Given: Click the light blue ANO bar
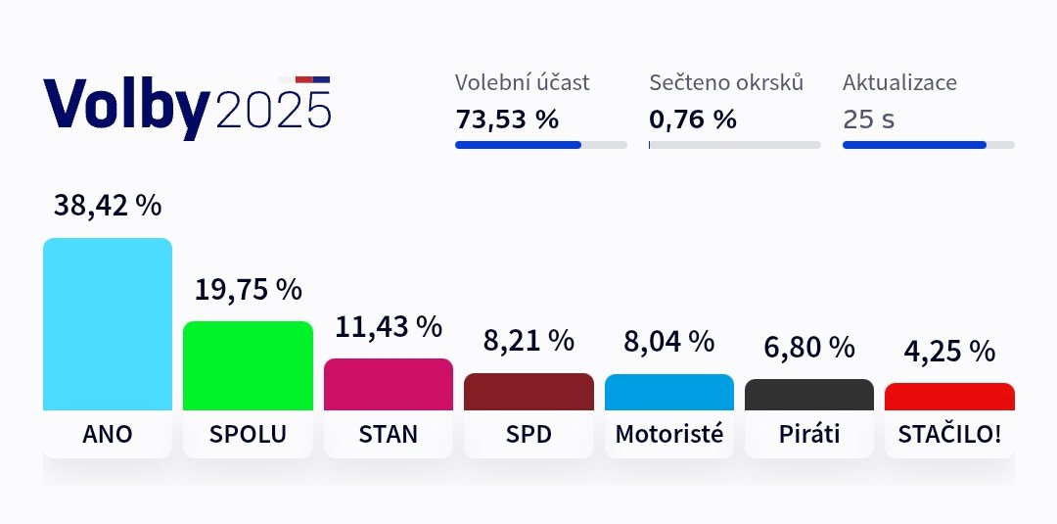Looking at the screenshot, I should [x=108, y=324].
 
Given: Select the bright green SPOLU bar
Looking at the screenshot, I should [x=248, y=365].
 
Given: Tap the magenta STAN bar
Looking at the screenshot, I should [x=389, y=384].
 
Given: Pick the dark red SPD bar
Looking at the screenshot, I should [x=528, y=392].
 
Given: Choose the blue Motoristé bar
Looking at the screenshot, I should [x=669, y=392].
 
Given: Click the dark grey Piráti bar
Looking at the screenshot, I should [x=809, y=395].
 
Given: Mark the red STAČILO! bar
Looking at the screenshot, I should [x=949, y=397].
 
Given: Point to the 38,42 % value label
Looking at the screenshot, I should [x=108, y=206].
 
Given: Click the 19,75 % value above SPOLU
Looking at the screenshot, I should [x=248, y=290].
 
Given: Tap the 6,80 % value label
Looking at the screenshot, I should [x=809, y=347].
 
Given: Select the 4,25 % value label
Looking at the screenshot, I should [x=949, y=351].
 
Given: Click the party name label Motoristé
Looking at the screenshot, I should [x=669, y=434].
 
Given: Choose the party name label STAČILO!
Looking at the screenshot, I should [x=949, y=434].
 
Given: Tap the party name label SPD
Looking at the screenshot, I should [x=528, y=434].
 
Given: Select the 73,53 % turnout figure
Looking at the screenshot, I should [x=507, y=119].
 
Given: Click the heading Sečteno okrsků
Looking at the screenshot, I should [x=726, y=82].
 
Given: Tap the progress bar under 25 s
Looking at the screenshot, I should [x=928, y=145].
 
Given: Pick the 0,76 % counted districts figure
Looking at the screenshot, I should [x=693, y=119].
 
